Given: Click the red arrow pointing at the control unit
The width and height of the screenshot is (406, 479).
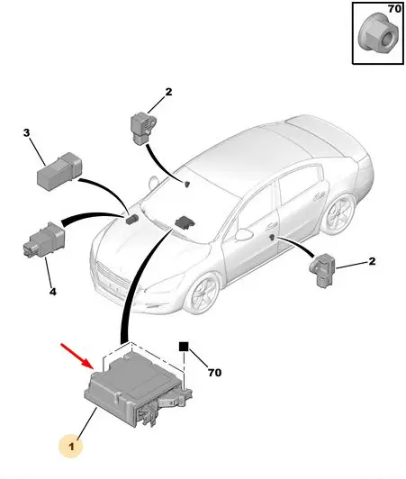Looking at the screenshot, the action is click(77, 357).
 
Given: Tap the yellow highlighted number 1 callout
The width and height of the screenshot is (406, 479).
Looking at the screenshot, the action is click(71, 447).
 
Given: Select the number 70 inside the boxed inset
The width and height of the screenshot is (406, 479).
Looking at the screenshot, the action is click(394, 9).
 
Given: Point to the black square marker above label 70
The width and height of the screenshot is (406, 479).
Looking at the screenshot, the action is click(184, 347).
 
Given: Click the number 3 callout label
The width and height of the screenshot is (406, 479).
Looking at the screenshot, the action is click(27, 133).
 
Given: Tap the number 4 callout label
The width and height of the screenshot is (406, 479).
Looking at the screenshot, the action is click(53, 292).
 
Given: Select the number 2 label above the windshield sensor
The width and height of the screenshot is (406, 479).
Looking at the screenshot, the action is click(168, 92).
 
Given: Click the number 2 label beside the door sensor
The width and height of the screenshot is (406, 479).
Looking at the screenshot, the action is click(372, 261).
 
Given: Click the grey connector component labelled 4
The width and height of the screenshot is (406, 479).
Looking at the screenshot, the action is click(44, 239).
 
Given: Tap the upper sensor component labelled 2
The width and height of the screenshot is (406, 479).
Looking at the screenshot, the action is click(142, 129).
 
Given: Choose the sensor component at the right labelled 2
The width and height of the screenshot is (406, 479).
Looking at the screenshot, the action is click(322, 269).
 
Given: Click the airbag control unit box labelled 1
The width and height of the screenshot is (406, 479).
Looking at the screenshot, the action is click(138, 390).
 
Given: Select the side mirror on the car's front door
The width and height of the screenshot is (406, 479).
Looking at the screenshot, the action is click(244, 234).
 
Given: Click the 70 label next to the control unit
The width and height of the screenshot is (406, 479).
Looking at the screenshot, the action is click(215, 373).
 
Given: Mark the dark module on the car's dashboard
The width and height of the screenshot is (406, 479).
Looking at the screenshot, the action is click(184, 221).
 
